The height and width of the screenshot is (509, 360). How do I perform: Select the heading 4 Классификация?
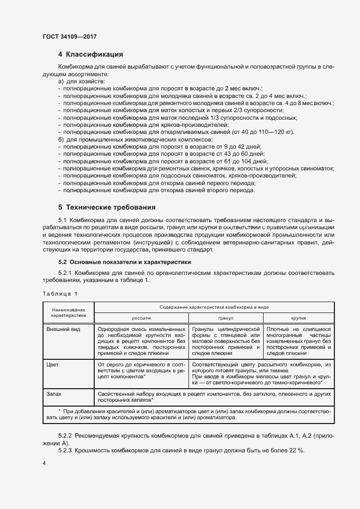pos(90,54)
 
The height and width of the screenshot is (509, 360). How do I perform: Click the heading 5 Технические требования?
pos(107,207)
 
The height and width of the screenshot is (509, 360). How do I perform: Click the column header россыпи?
pos(141,317)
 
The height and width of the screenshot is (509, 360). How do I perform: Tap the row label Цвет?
pos(52,363)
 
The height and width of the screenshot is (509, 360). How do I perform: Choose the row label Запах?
pos(54,393)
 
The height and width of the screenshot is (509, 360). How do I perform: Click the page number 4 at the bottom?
pos(44,463)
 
